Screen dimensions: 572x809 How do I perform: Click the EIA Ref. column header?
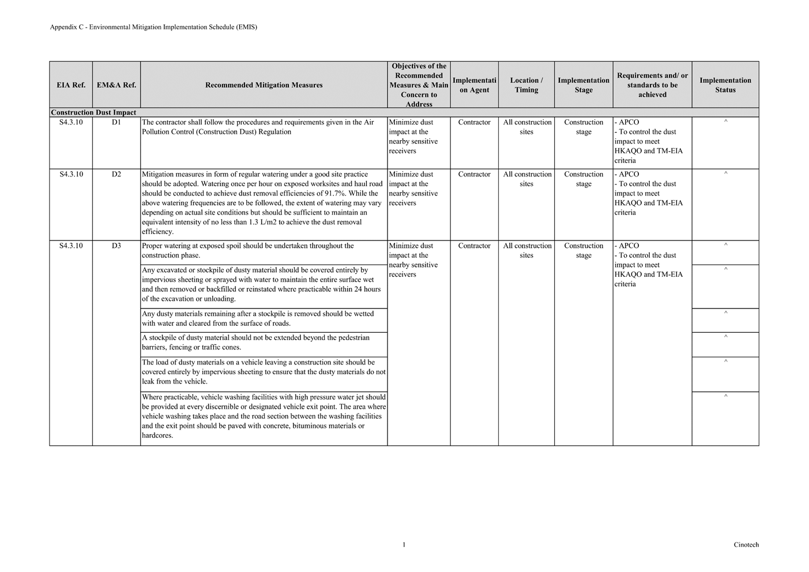point(71,85)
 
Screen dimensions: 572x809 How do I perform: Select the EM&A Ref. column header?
point(116,85)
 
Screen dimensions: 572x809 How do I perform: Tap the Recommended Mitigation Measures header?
point(264,85)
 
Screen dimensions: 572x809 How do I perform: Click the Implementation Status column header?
point(725,85)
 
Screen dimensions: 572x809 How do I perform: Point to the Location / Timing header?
point(526,85)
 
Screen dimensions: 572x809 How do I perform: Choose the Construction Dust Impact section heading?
point(93,112)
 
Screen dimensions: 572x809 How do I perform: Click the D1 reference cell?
point(116,122)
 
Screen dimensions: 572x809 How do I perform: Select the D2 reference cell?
point(116,174)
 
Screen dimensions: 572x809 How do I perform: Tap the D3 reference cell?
point(116,246)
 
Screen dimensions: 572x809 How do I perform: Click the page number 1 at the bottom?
point(404,545)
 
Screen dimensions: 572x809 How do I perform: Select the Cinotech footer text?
point(746,545)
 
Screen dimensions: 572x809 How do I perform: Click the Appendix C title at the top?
point(153,27)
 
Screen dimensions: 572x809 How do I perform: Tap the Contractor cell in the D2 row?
point(474,174)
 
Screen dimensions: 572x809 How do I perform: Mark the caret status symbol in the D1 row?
point(725,122)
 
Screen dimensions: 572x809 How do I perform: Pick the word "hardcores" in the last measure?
point(157,436)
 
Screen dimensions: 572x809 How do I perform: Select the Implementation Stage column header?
point(583,85)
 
